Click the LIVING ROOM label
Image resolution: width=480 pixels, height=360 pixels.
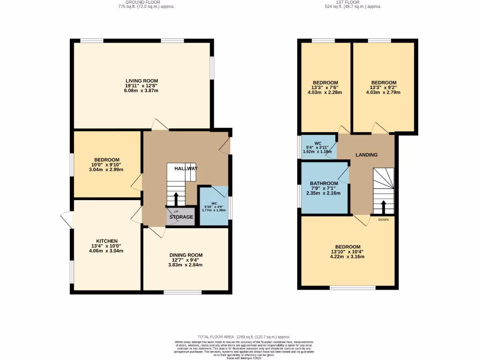(142, 81)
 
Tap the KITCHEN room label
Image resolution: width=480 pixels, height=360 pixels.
(107, 241)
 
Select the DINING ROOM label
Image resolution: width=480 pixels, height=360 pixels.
(186, 255)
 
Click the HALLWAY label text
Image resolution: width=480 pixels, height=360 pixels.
(186, 168)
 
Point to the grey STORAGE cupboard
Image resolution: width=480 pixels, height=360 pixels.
(181, 217)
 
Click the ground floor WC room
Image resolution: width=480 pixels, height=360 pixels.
(214, 206)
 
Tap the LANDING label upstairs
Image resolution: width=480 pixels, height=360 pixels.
(367, 155)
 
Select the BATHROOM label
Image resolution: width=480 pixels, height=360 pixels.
(323, 183)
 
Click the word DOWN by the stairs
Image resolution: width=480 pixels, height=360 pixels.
(383, 219)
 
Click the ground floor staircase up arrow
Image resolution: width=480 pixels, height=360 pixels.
(176, 199)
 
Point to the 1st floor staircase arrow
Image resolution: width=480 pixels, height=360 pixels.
(383, 207)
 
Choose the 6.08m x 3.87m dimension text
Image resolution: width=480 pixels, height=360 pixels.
(142, 90)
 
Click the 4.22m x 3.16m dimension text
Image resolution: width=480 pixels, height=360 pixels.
(347, 256)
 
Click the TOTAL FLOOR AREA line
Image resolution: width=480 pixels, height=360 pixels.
(244, 337)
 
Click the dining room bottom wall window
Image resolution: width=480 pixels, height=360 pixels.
(182, 292)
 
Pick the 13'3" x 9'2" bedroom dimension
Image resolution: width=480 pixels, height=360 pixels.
(383, 87)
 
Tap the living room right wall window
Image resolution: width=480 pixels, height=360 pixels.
(212, 68)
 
